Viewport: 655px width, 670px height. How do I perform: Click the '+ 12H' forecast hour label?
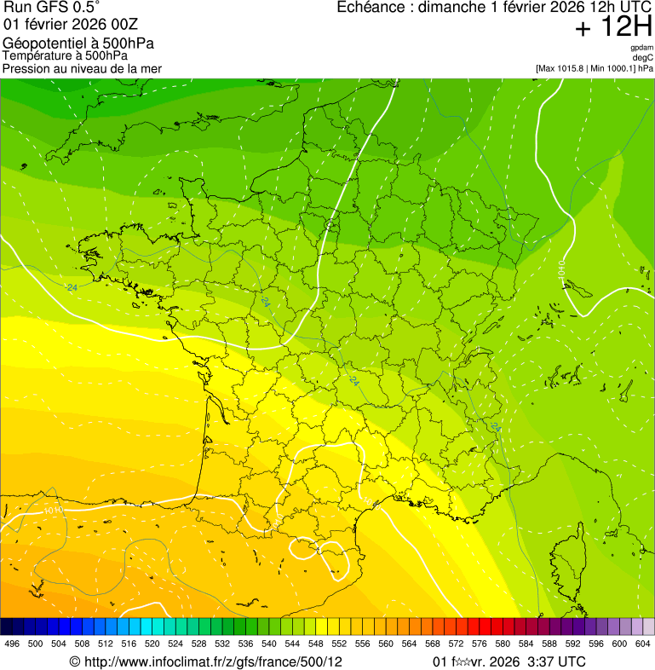point(613,28)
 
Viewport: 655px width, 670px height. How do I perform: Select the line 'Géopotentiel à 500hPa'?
point(78,43)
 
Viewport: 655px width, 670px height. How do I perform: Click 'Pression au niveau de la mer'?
point(82,68)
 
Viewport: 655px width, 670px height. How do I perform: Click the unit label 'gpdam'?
point(641,48)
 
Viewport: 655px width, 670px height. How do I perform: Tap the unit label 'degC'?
point(643,57)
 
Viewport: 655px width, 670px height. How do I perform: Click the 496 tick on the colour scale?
point(12,644)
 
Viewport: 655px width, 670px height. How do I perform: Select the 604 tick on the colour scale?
point(643,644)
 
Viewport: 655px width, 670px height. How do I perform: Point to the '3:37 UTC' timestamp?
point(557,661)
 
